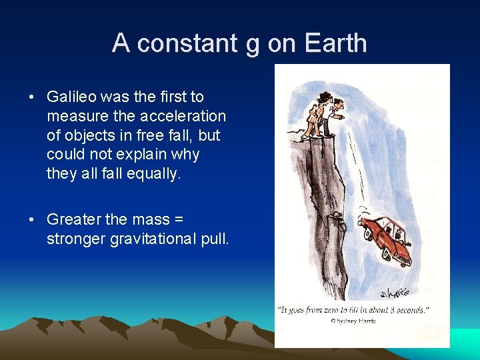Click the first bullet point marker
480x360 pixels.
pos(32,97)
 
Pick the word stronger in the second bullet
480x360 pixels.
pos(74,239)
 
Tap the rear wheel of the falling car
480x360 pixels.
pos(367,234)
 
